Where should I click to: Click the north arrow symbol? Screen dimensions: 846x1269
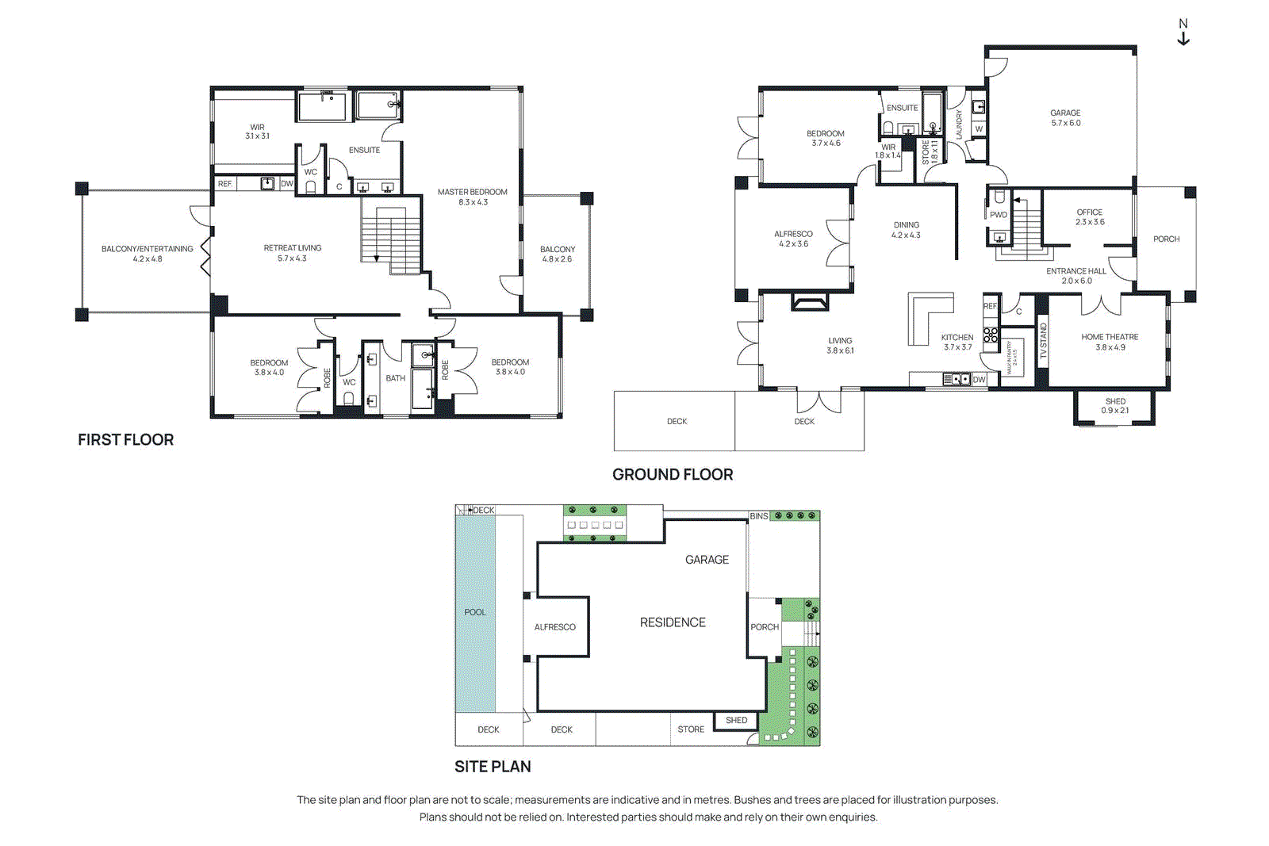[1183, 33]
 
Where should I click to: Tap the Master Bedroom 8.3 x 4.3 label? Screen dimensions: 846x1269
[472, 197]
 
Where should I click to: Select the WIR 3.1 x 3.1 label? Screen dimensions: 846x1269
[257, 132]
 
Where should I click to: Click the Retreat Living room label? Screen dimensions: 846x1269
[292, 253]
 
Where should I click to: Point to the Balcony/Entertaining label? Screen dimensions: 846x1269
[147, 254]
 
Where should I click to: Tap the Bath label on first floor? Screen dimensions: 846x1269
[395, 378]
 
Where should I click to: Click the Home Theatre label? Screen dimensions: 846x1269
[1110, 342]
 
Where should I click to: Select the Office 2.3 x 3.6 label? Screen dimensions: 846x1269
[1089, 217]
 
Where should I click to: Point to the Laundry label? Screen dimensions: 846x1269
[959, 125]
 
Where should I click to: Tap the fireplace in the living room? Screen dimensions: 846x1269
[809, 302]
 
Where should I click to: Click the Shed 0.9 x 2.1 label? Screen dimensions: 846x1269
[1114, 406]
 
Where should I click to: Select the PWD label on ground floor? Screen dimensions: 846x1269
[998, 215]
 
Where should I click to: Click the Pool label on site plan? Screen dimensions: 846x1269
[475, 612]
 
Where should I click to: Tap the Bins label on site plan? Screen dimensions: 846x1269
[758, 516]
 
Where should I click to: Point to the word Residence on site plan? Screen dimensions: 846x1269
[673, 622]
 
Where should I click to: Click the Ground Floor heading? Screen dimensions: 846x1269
[673, 474]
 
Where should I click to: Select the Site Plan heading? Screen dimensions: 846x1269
[493, 767]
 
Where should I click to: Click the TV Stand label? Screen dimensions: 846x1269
[1043, 341]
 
